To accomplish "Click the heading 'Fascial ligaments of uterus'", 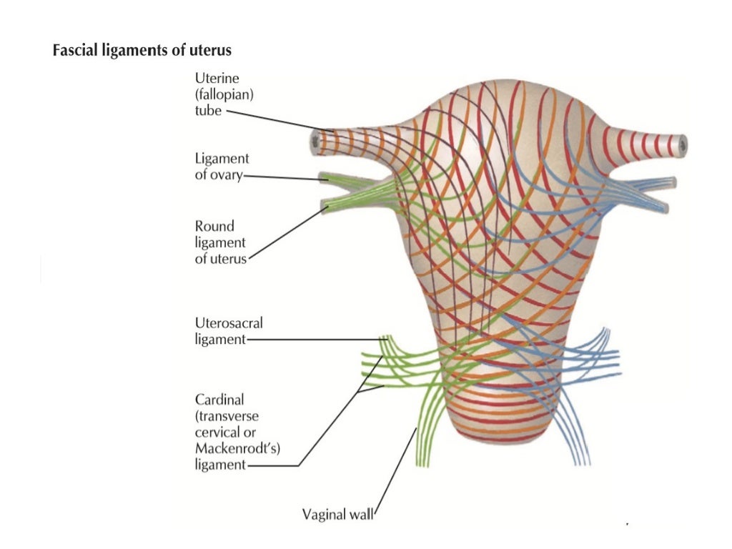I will pos(142,51).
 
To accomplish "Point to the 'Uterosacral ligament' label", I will pos(229,332).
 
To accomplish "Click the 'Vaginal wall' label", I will pos(337,513).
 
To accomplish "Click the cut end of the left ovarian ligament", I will pos(323,176).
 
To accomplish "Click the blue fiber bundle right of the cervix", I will pos(597,350).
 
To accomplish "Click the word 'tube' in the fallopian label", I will pos(208,111).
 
